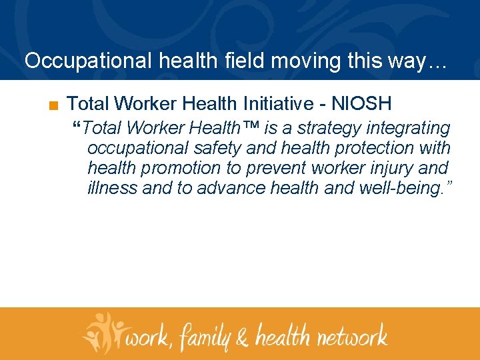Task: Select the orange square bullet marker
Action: pyautogui.click(x=53, y=105)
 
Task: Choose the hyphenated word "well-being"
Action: pyautogui.click(x=399, y=188)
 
